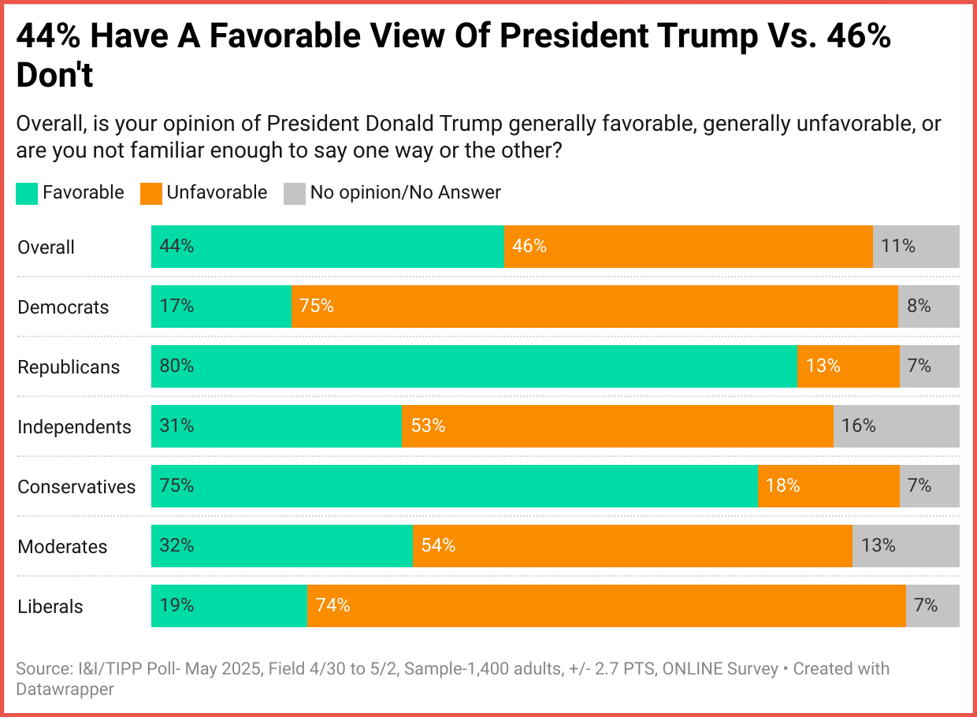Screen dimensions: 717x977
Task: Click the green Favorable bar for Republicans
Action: click(474, 366)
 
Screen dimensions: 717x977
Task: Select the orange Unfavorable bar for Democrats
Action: click(594, 306)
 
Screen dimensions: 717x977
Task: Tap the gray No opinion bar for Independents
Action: click(896, 426)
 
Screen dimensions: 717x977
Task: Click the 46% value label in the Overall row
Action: click(529, 246)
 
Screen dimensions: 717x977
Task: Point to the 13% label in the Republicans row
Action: click(823, 366)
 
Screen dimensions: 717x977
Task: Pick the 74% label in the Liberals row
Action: click(332, 605)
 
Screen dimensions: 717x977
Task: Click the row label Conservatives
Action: click(76, 487)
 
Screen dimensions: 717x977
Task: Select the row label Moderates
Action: click(63, 547)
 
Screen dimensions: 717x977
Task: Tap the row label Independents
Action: click(74, 427)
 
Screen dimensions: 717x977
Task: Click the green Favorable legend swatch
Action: click(26, 193)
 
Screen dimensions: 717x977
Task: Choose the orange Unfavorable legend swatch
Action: click(150, 193)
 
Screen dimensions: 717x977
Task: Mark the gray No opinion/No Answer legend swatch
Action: click(294, 193)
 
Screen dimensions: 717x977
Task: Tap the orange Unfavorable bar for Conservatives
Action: click(828, 486)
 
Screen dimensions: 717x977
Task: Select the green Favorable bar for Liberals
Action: click(228, 606)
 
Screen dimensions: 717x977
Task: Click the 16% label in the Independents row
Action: click(858, 425)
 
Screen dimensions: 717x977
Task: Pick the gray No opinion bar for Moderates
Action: click(906, 546)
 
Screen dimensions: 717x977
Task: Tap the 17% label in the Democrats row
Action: click(176, 306)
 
